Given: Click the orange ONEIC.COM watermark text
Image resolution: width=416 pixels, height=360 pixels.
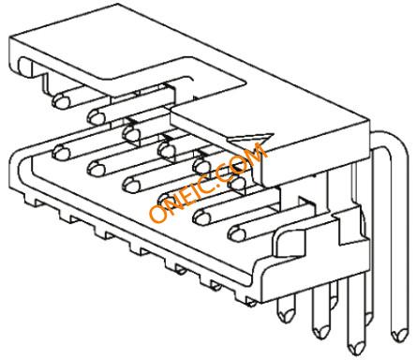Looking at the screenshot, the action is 208,183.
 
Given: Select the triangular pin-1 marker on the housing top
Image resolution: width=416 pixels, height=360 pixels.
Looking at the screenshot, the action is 250,138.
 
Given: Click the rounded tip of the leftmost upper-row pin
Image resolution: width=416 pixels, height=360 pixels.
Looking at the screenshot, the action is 61,101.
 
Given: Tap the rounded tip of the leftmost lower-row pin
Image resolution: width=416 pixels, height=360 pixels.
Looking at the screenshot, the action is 61,153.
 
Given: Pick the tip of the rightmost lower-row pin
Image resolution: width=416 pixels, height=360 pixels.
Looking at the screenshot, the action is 237,233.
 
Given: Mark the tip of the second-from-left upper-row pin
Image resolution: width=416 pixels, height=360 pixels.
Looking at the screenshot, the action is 97,117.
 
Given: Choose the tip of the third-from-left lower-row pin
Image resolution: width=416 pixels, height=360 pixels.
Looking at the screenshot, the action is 131,185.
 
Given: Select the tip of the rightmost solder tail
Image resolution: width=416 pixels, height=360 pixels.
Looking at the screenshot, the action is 399,337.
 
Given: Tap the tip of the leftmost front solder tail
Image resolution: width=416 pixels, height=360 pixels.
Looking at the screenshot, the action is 286,316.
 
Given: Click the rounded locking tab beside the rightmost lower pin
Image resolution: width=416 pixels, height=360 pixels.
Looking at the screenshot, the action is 289,242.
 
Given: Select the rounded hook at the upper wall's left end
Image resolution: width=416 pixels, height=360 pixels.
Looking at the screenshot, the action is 24,67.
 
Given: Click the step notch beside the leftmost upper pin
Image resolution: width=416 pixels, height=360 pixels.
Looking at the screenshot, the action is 46,82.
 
